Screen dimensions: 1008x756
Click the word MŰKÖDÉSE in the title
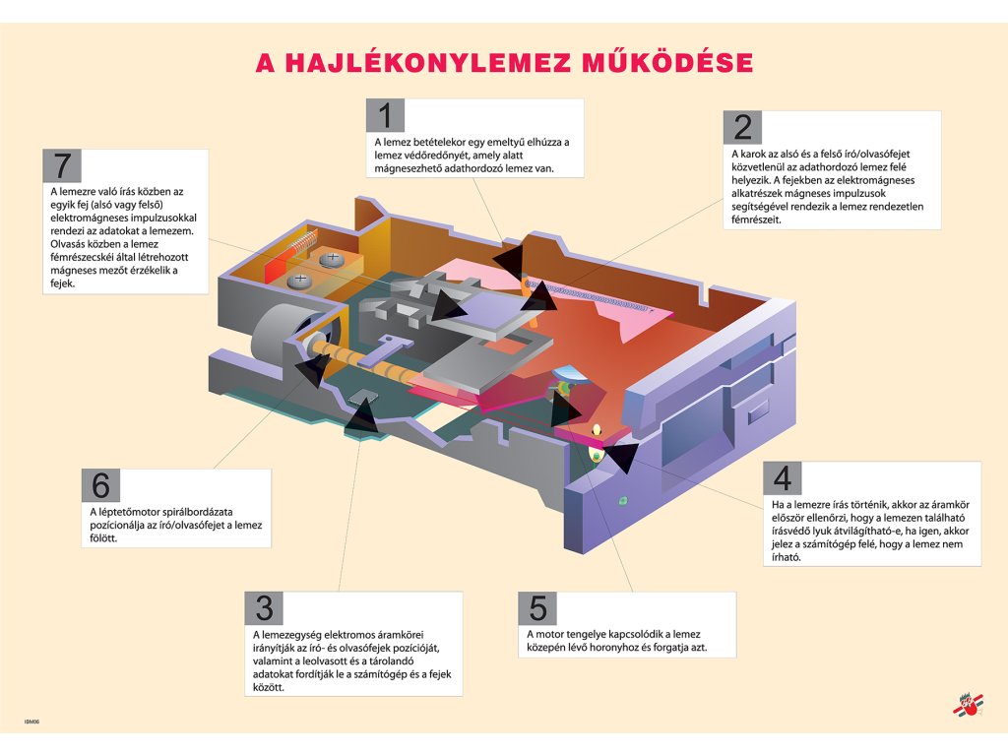669,64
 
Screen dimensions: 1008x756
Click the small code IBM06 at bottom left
32,722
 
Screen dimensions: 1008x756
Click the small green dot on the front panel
621,501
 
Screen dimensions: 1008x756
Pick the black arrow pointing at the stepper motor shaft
311,368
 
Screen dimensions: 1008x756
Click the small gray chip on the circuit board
366,396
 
